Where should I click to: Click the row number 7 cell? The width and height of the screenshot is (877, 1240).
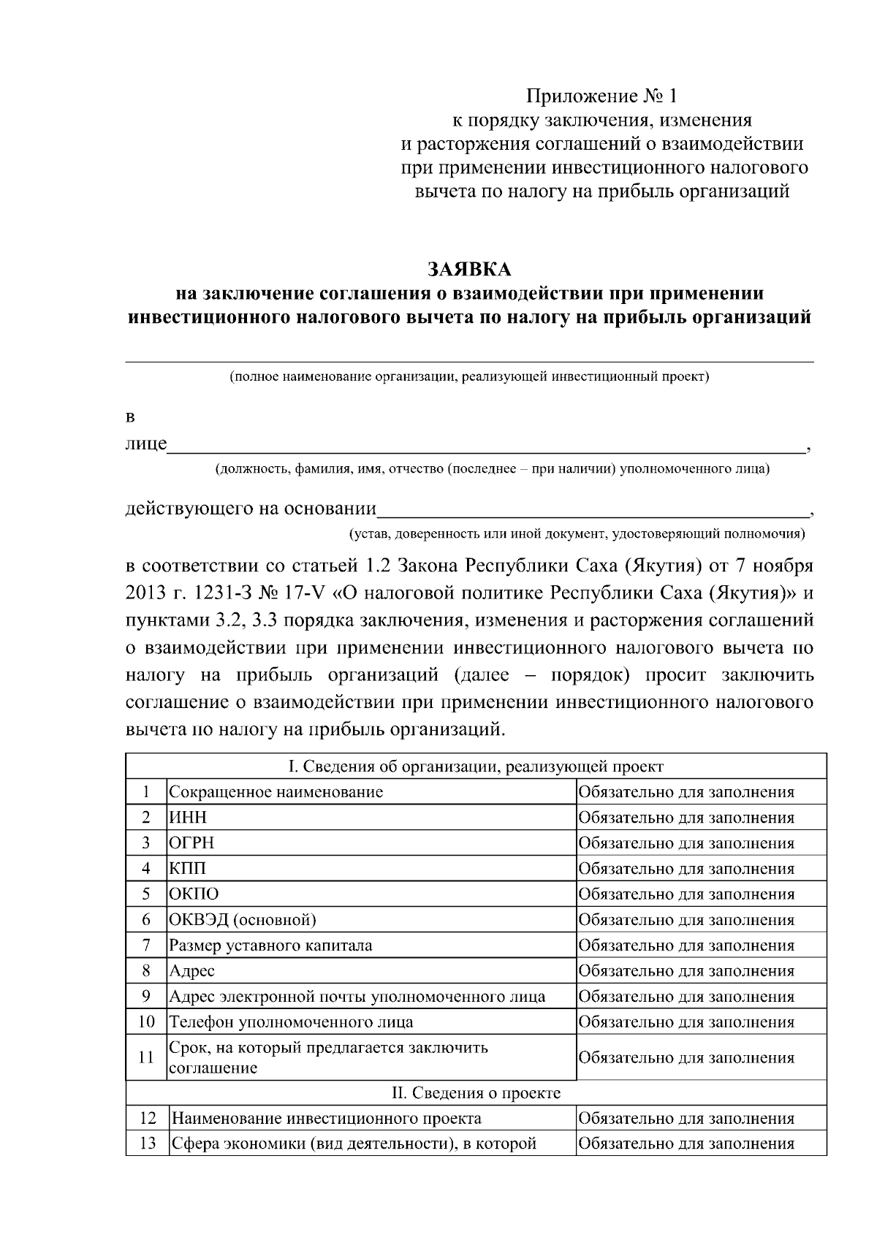(146, 946)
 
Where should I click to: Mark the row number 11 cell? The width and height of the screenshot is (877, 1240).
(146, 1057)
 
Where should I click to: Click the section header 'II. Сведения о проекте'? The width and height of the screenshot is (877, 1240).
(476, 1093)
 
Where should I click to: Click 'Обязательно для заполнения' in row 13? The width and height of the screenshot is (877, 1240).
(686, 1144)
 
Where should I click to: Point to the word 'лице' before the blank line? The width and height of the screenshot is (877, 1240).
(146, 444)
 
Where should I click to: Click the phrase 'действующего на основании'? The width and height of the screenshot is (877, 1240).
(251, 509)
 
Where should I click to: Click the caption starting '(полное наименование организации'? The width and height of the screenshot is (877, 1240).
(469, 378)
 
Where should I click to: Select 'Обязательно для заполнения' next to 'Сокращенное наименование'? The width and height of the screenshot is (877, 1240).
(686, 792)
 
